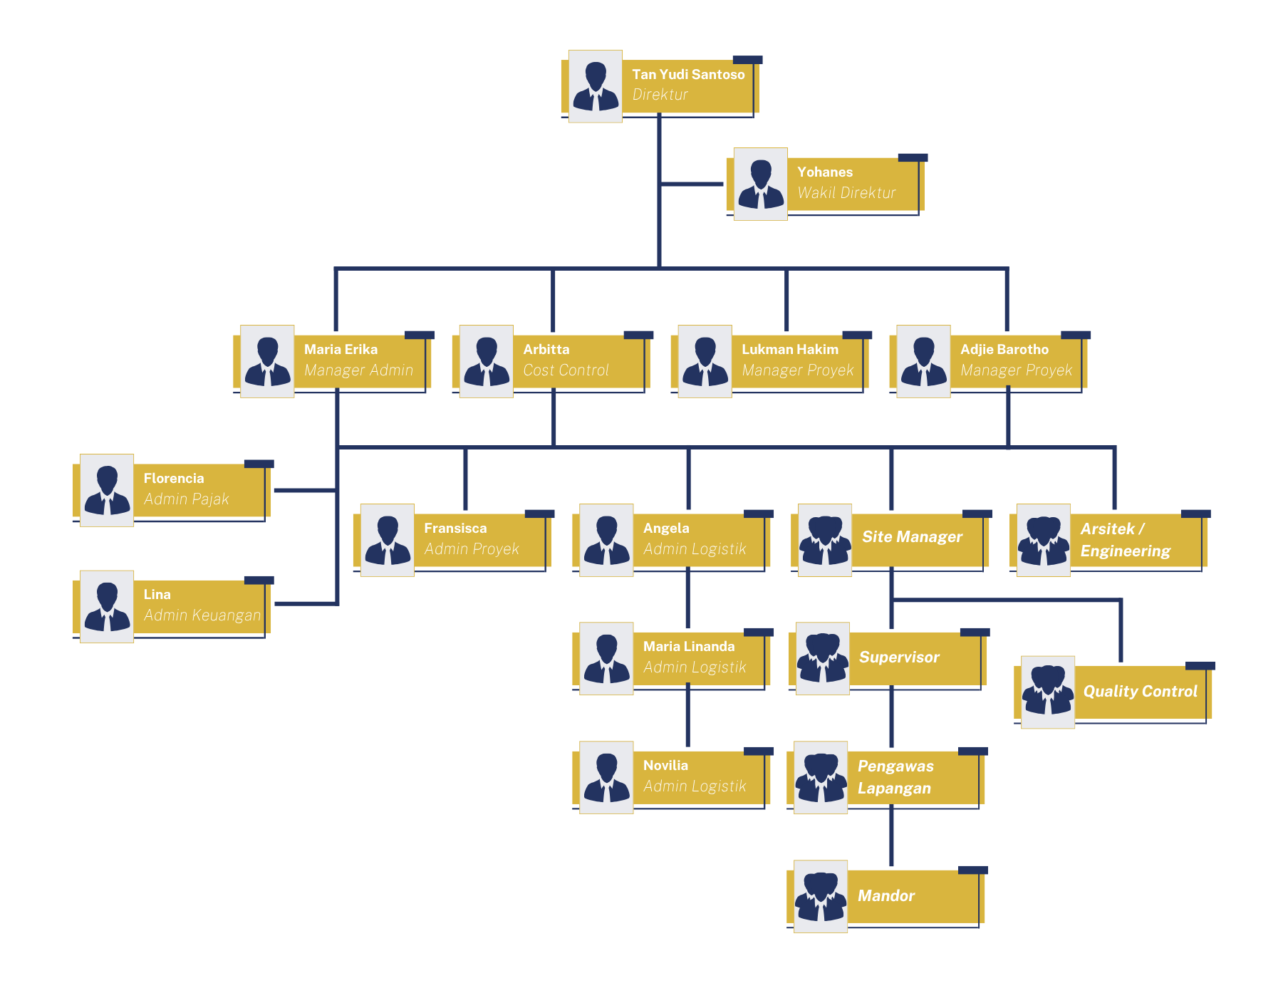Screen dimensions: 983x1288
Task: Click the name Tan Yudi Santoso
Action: [688, 74]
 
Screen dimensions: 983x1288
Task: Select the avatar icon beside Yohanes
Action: [760, 184]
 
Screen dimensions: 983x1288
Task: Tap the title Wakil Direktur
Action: [846, 192]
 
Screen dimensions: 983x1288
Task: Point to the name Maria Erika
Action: [341, 349]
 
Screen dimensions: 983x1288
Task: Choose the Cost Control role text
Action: [566, 370]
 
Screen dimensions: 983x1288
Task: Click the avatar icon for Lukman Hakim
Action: [705, 361]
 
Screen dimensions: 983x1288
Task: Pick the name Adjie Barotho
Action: [1004, 349]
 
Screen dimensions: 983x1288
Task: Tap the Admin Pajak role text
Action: [186, 499]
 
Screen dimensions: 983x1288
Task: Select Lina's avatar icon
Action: [107, 606]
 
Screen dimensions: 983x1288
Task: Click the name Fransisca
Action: [455, 528]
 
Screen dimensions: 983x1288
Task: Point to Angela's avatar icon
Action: [606, 540]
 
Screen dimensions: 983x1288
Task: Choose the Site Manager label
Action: [912, 537]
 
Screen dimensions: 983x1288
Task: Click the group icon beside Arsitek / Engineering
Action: [1043, 540]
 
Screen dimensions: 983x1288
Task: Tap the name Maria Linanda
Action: [688, 646]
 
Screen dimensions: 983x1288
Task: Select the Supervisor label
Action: [899, 657]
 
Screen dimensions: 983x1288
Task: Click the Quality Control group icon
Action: [1047, 692]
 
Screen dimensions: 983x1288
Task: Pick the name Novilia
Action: [665, 765]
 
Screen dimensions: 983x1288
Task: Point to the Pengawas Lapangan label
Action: [895, 777]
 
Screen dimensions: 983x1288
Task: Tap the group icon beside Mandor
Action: [821, 896]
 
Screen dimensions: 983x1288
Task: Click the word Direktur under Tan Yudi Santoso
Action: [660, 95]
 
